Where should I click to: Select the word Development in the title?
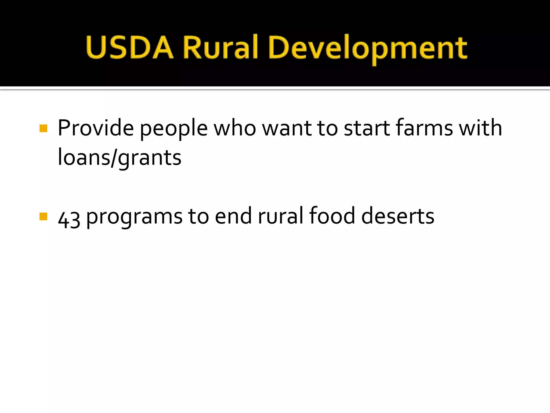tap(368, 48)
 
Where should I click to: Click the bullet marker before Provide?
tap(43, 128)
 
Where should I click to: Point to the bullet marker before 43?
tap(43, 216)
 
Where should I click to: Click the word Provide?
tap(96, 128)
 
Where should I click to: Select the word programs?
tap(134, 217)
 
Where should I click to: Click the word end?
tap(233, 216)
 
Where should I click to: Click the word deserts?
tap(398, 216)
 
